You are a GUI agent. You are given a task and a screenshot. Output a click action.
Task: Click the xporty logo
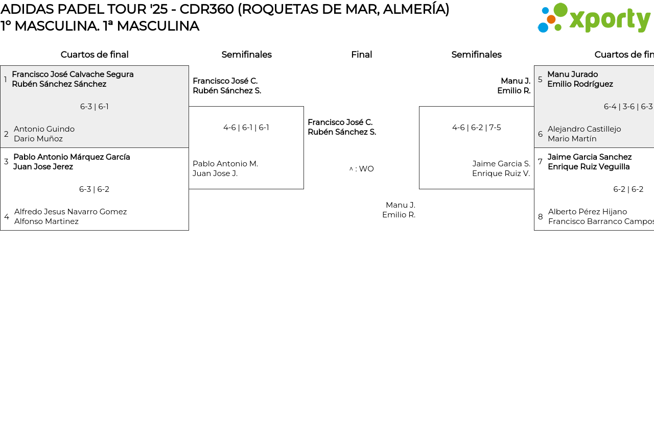coord(594,18)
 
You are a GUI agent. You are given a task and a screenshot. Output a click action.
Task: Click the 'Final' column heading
coord(361,55)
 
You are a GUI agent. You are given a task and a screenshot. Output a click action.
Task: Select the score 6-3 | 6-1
coord(95,107)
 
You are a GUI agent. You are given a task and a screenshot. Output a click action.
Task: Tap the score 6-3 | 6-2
coord(95,189)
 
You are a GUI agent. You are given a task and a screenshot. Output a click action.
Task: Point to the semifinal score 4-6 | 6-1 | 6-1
coord(246,128)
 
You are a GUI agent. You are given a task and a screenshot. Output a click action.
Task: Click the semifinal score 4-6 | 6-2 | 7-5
coord(476,128)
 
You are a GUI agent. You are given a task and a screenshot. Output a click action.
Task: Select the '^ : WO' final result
coord(361,169)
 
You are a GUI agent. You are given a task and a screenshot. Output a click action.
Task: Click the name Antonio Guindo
coord(44,129)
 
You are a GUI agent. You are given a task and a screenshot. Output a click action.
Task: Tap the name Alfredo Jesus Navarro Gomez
coord(71,212)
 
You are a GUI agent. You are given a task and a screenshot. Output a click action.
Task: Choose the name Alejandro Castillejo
coord(585,129)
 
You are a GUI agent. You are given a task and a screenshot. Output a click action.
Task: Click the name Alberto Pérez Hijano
coord(588,212)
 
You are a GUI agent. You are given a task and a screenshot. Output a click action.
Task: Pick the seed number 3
coord(6,162)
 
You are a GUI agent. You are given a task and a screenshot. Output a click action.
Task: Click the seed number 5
coord(540,79)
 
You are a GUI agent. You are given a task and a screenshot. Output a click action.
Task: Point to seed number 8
coord(541,217)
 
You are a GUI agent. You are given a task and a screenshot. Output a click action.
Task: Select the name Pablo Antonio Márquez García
coord(72,157)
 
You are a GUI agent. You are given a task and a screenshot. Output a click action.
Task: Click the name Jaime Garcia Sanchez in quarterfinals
coord(590,157)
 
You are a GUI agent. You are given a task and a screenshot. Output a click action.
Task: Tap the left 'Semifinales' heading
coord(246,55)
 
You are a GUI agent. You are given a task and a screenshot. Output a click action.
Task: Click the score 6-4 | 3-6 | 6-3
coord(628,107)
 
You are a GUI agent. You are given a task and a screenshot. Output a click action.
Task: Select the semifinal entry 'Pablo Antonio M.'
coord(225,164)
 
